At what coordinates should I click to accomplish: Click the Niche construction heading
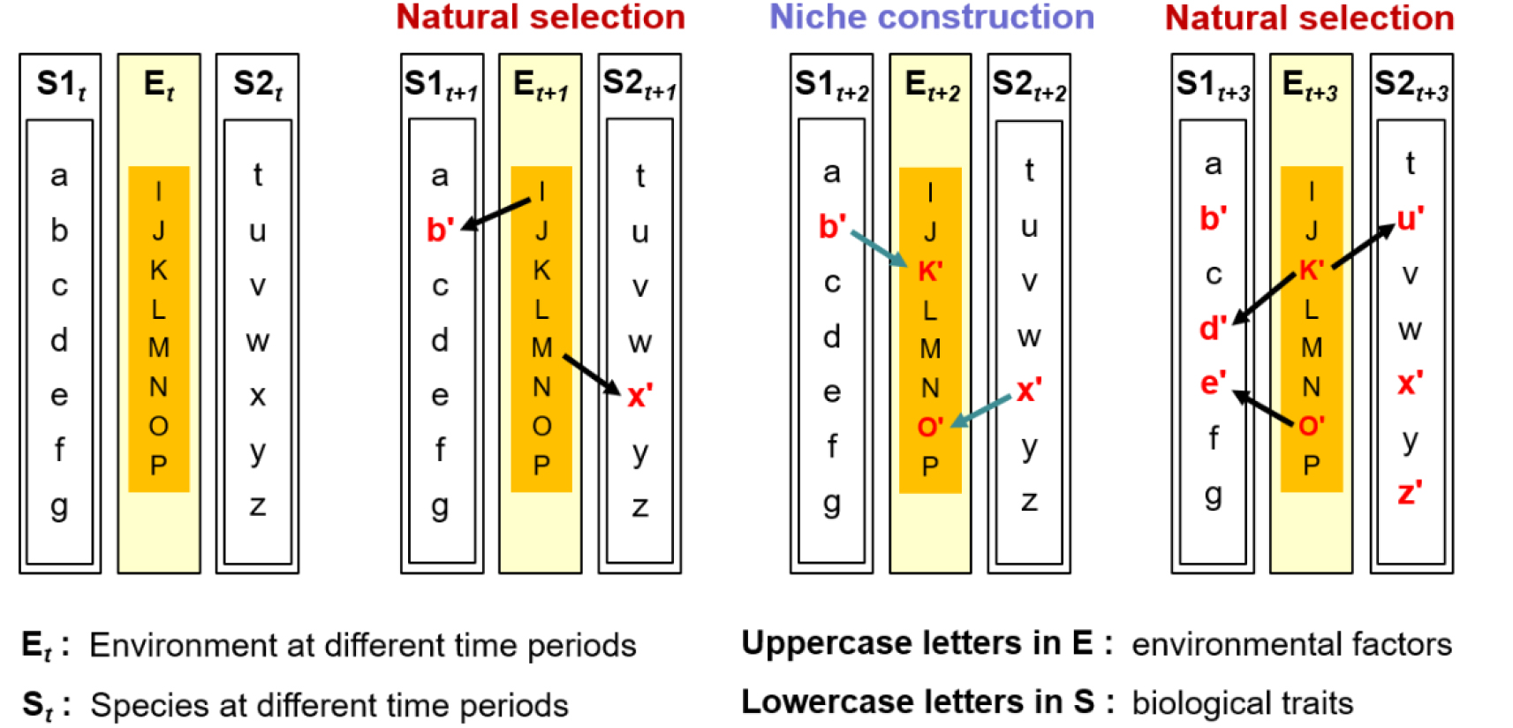click(931, 18)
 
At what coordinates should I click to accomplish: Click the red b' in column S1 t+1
click(440, 230)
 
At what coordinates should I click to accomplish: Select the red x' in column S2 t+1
click(639, 396)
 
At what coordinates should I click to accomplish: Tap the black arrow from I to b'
click(497, 212)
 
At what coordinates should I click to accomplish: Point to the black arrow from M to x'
click(592, 375)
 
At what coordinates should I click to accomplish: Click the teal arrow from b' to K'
click(879, 249)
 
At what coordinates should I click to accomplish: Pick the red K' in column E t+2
click(930, 271)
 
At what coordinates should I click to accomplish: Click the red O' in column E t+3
click(1312, 427)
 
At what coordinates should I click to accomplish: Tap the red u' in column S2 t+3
click(1410, 218)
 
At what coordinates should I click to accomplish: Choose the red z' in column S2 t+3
click(1410, 493)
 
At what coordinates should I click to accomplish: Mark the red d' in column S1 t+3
click(1213, 329)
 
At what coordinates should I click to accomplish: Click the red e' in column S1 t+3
click(1213, 383)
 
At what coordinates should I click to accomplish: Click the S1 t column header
click(61, 86)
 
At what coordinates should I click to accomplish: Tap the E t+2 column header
click(931, 86)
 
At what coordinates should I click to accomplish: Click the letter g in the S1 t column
click(59, 507)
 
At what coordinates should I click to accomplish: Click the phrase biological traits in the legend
click(1242, 703)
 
